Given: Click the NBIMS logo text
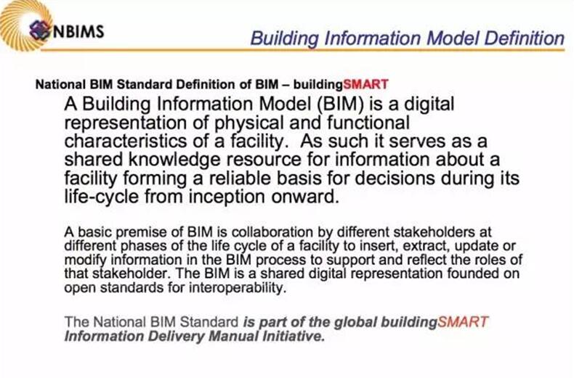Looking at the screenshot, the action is [x=78, y=31].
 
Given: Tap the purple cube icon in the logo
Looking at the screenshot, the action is [x=39, y=30].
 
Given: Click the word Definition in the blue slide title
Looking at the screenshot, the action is [x=525, y=38].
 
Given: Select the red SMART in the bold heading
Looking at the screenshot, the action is [x=365, y=84].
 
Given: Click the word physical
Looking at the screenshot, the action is [x=249, y=123].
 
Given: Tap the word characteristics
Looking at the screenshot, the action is [x=123, y=141].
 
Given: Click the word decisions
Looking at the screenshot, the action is [x=395, y=178].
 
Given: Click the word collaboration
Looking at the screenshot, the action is [x=272, y=232].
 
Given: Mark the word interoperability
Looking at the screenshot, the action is [x=237, y=289].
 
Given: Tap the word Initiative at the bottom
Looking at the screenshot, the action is [x=294, y=336].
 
